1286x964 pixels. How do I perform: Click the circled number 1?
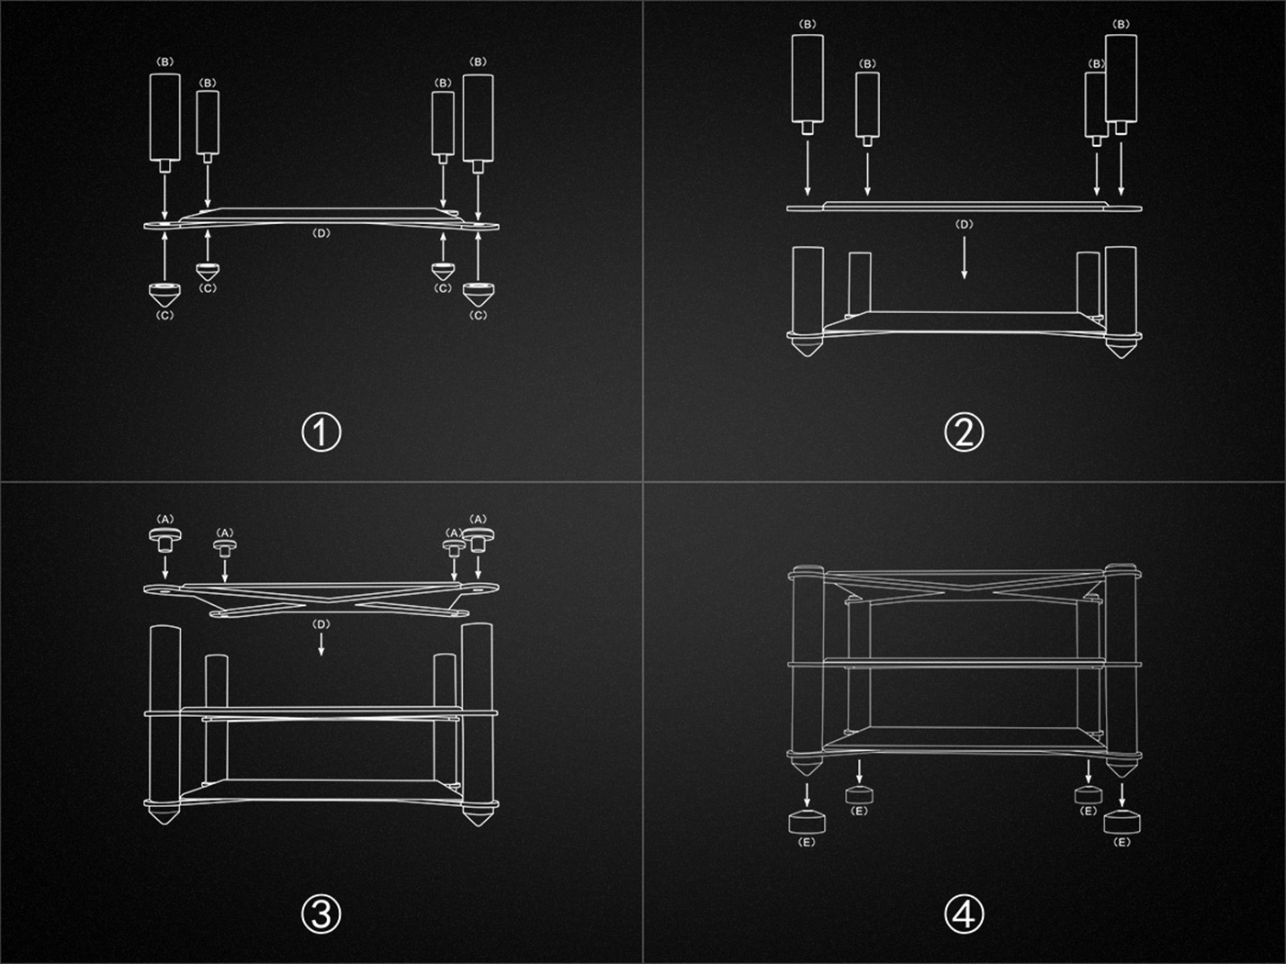tap(321, 432)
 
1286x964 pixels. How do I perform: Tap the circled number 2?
tap(964, 432)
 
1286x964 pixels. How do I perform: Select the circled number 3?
tap(321, 914)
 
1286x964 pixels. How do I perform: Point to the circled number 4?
tap(964, 914)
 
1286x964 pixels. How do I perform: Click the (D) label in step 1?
tap(321, 233)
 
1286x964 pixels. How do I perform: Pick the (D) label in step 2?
tap(964, 224)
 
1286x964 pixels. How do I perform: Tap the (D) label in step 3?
tap(321, 624)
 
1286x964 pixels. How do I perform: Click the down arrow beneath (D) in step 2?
tap(964, 258)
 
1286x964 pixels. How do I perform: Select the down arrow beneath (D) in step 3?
tap(321, 644)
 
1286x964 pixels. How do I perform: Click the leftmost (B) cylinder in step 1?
tap(164, 122)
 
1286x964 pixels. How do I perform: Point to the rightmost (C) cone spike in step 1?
tap(478, 295)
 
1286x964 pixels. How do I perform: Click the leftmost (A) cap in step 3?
tap(164, 539)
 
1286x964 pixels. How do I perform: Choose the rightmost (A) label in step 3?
tap(478, 519)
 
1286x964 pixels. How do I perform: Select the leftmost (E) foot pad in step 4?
tap(807, 822)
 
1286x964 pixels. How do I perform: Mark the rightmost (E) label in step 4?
tap(1122, 842)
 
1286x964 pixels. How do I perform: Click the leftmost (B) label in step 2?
tap(807, 24)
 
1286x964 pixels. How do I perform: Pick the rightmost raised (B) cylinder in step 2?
tap(1121, 84)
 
